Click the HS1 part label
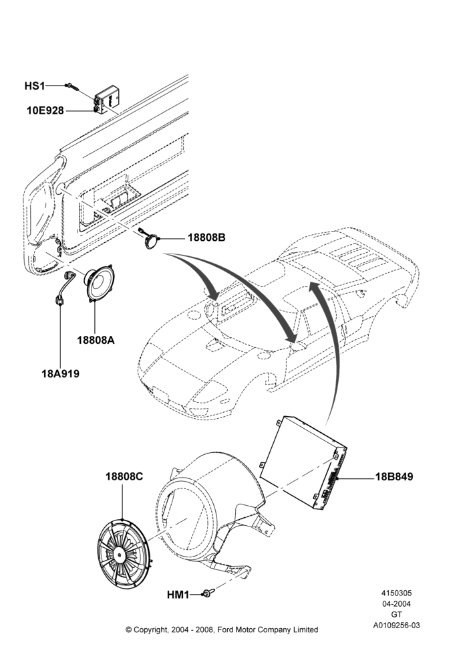coord(35,86)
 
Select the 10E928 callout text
coord(45,111)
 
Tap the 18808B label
coord(206,237)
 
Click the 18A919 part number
coord(61,374)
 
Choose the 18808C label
coord(124,476)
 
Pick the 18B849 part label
coord(394,476)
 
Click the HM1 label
coord(178,594)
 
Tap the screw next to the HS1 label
coord(71,87)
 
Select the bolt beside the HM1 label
coord(208,593)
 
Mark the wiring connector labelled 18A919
coord(64,288)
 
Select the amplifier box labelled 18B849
coord(303,462)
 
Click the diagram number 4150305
coord(397,593)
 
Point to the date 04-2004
coord(397,603)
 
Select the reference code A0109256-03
coord(397,626)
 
